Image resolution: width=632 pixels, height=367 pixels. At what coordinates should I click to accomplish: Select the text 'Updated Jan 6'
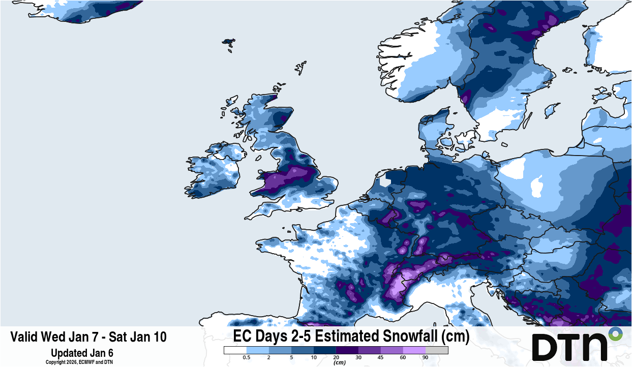[82, 353]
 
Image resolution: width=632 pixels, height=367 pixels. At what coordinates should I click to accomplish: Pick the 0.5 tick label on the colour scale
[247, 358]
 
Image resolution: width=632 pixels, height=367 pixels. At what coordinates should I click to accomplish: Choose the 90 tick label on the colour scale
[425, 358]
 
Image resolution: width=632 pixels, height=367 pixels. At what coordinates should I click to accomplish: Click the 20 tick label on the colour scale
[336, 358]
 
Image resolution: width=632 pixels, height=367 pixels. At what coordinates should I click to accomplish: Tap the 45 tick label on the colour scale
[380, 358]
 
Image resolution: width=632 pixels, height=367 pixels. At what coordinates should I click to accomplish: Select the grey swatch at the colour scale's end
[437, 350]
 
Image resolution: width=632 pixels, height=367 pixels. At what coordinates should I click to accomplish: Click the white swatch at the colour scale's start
[235, 350]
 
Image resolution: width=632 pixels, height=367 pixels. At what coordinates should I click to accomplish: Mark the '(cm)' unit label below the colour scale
[336, 362]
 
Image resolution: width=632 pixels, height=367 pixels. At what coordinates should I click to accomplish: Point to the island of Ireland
[214, 173]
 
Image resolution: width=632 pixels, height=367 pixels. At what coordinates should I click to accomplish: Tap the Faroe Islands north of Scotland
[229, 44]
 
